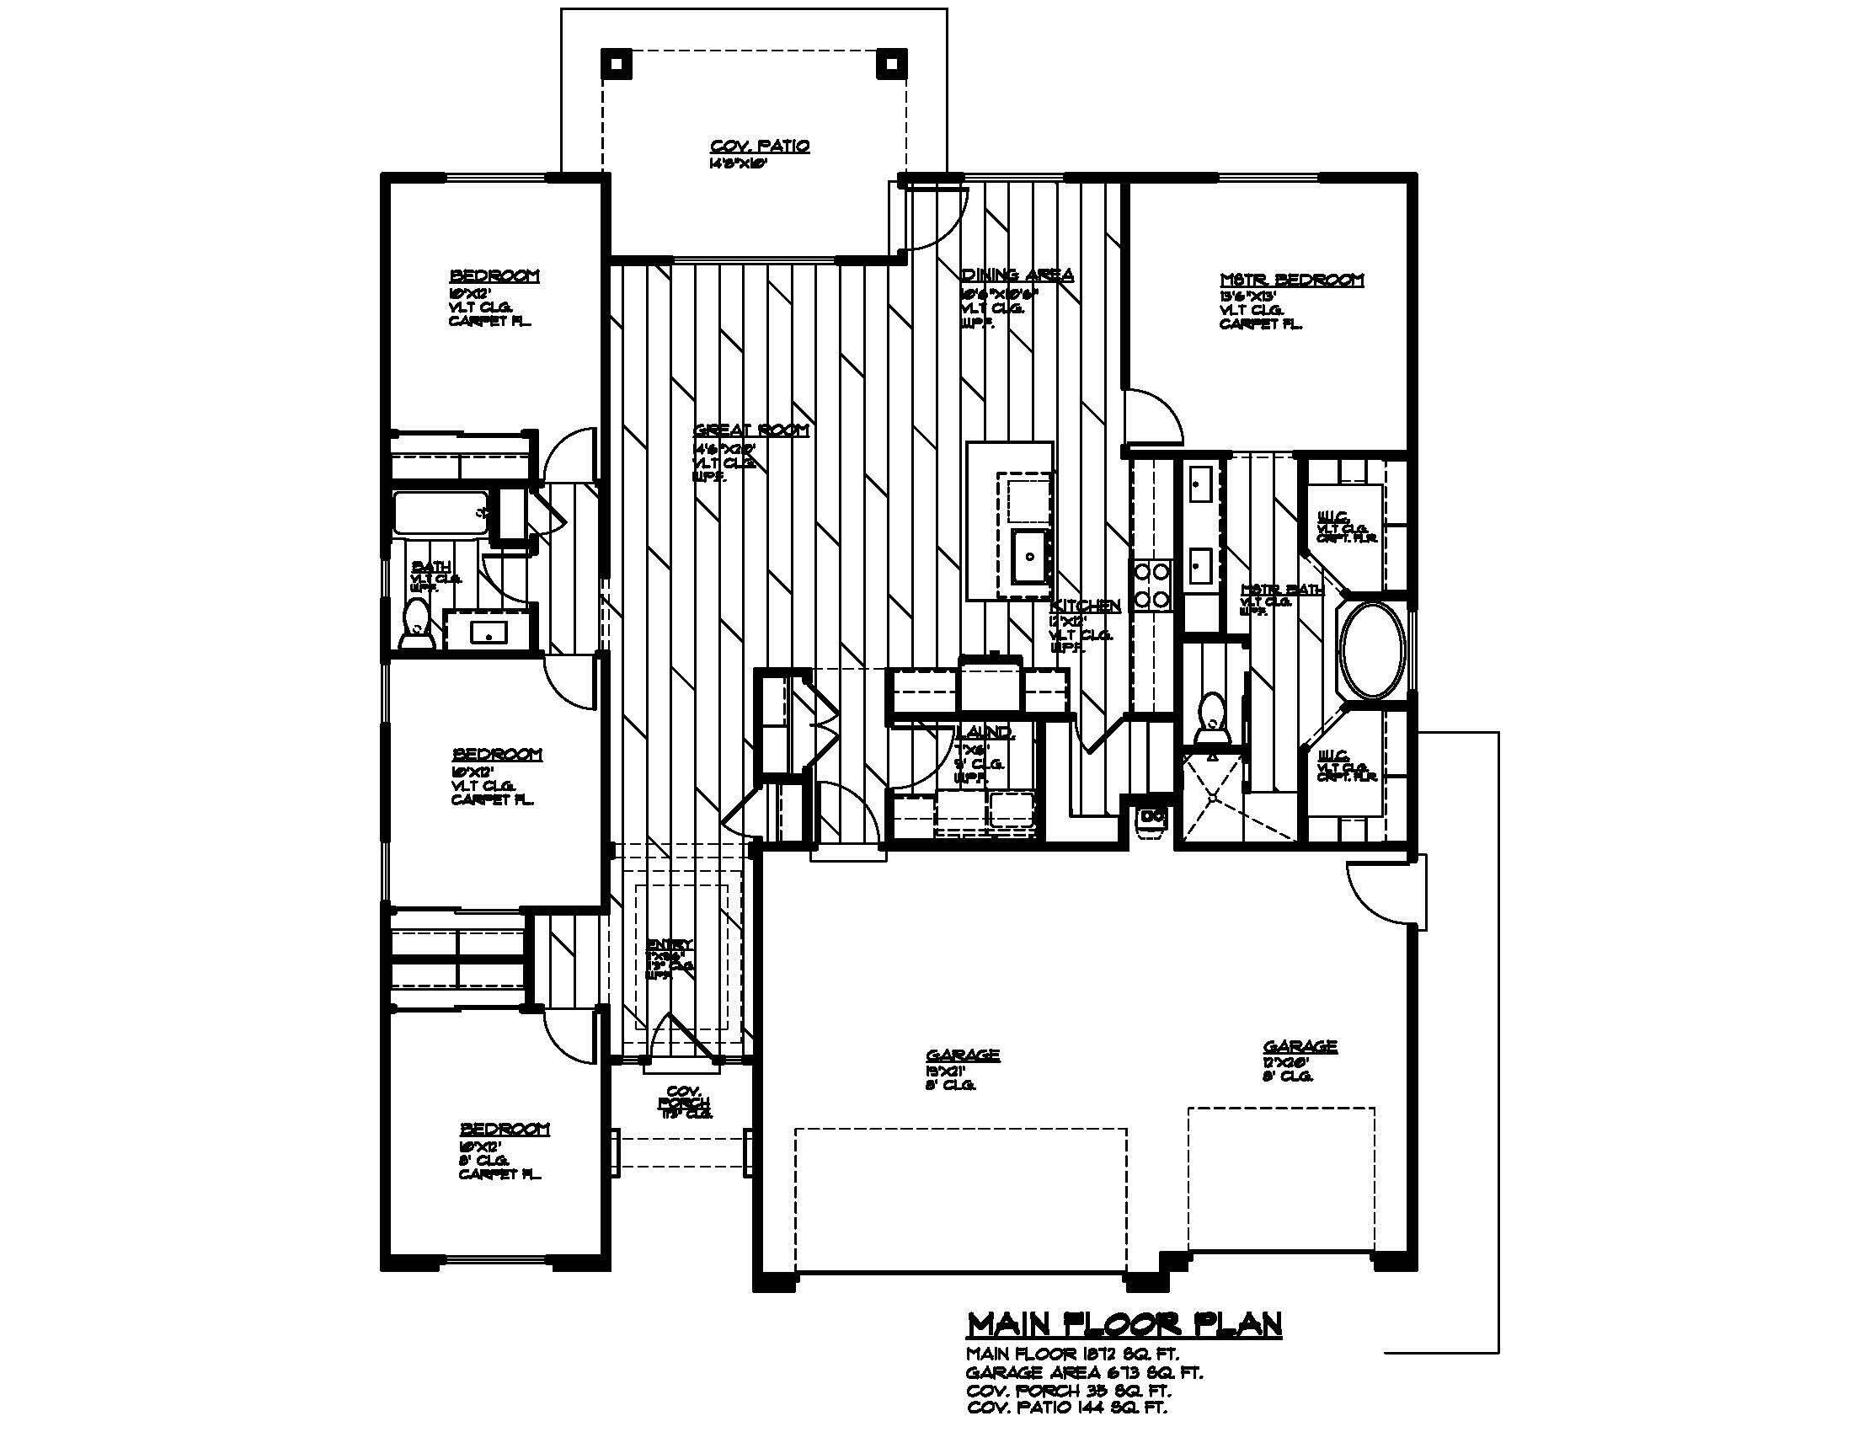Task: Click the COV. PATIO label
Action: pos(760,146)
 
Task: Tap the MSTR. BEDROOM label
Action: pos(1291,279)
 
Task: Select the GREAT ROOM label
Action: pos(750,430)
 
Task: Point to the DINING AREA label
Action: pos(1017,274)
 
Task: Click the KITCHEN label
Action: pos(1085,606)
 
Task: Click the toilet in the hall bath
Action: pos(417,623)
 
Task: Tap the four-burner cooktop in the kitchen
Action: pos(1152,585)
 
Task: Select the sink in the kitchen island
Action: pos(1030,557)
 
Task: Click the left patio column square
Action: pos(616,64)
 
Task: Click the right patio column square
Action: pos(891,64)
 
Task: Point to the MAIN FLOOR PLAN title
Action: pos(1124,1323)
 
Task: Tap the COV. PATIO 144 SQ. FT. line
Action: pos(1066,1408)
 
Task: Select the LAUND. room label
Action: pos(984,731)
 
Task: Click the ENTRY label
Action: pos(670,944)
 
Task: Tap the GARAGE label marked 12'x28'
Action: pos(1300,1047)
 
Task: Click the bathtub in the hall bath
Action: pos(440,512)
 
